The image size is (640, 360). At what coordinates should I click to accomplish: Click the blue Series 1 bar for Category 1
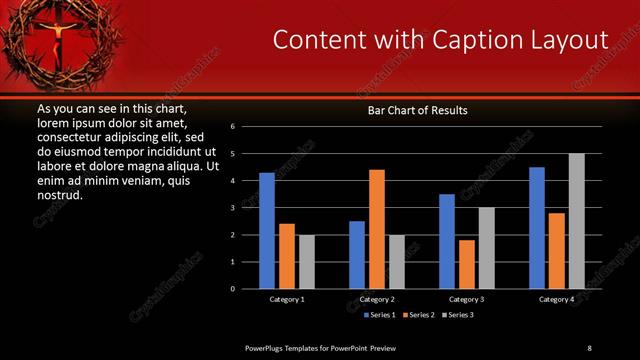pyautogui.click(x=267, y=231)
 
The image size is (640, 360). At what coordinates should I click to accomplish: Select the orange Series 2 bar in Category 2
pyautogui.click(x=377, y=229)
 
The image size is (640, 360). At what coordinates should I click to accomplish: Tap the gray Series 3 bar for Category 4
pyautogui.click(x=577, y=221)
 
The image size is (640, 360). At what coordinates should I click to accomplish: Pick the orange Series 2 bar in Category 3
pyautogui.click(x=467, y=264)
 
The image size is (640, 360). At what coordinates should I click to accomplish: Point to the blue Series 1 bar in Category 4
pyautogui.click(x=537, y=228)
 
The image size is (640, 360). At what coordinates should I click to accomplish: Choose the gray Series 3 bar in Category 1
pyautogui.click(x=306, y=262)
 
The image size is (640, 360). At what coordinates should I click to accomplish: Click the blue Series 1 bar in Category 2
pyautogui.click(x=357, y=255)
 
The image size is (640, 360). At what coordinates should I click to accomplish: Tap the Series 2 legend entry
pyautogui.click(x=417, y=315)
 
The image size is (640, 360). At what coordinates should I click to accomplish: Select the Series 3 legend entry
pyautogui.click(x=458, y=315)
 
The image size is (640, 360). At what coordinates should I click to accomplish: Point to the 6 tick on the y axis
pyautogui.click(x=232, y=127)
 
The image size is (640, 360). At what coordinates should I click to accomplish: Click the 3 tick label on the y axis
pyautogui.click(x=232, y=208)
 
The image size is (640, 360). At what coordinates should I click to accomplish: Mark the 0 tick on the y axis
pyautogui.click(x=232, y=289)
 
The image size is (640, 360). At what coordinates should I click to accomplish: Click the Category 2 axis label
pyautogui.click(x=377, y=299)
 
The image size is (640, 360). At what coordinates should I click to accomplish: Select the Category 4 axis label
pyautogui.click(x=557, y=299)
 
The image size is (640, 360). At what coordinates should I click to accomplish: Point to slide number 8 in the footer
pyautogui.click(x=589, y=347)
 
